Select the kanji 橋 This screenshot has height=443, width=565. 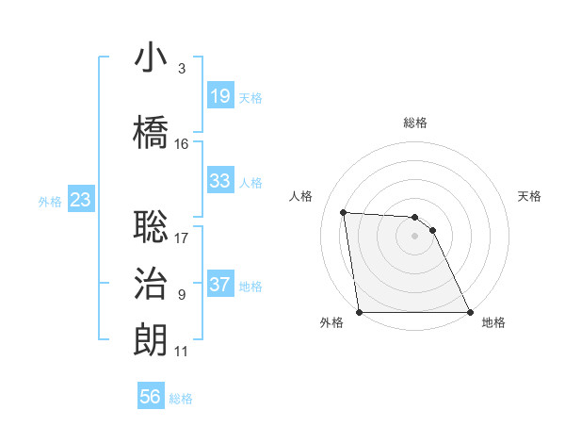151,132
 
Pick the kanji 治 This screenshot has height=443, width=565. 151,284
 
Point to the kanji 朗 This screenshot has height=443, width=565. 151,340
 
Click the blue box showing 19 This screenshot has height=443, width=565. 220,96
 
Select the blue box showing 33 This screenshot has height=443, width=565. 220,181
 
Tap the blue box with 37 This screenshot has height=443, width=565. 220,285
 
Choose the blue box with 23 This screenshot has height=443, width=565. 80,199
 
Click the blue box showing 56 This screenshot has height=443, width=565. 151,397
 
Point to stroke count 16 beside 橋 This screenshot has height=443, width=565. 182,144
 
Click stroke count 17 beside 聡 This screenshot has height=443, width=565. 182,238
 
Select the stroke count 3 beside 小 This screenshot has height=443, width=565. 181,69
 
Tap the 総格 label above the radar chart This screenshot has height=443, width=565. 415,123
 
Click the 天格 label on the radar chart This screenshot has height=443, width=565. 529,196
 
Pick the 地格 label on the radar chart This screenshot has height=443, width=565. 493,322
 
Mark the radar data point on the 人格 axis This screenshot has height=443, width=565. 344,212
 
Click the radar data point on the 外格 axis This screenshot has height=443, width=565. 359,312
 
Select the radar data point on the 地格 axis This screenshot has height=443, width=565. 470,312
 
